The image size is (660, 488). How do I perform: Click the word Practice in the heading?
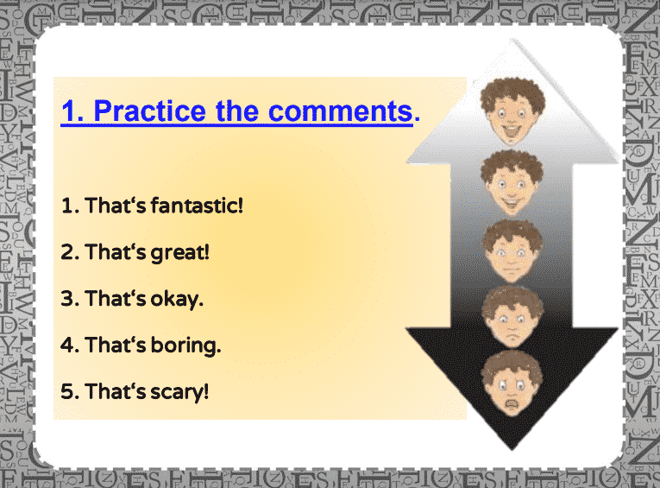pos(149,111)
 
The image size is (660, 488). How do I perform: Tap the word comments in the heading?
pos(341,111)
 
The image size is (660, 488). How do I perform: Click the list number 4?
pos(68,345)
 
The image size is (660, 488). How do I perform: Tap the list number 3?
pos(68,298)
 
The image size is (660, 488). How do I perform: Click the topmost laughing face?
pos(512,111)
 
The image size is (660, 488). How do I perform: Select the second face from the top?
pos(512,182)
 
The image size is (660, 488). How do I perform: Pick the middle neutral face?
pos(512,251)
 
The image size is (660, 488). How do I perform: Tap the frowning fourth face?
pos(512,316)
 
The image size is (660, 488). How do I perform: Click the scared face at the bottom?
pos(512,383)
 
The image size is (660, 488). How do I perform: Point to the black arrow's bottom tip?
pos(512,449)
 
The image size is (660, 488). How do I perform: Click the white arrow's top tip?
pos(512,39)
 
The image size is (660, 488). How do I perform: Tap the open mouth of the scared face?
pos(512,404)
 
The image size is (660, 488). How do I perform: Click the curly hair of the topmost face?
pos(512,91)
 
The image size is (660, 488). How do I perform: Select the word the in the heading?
pos(237,111)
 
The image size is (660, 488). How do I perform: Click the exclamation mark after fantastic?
pos(241,206)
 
